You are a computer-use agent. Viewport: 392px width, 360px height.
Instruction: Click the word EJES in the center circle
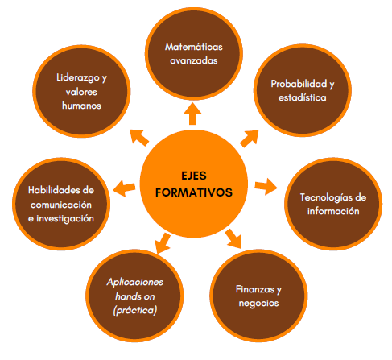194,176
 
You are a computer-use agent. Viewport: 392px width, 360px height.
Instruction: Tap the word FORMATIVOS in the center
194,192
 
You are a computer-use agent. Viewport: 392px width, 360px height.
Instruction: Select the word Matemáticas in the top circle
194,47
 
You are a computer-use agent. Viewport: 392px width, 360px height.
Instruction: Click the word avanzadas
194,60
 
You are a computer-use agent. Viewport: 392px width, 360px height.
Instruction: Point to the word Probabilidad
299,84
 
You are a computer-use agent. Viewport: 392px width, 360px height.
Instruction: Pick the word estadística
303,97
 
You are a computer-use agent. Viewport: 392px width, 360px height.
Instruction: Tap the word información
333,211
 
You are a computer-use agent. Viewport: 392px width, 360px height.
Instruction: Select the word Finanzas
255,289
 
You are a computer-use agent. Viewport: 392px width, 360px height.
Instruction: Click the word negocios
258,304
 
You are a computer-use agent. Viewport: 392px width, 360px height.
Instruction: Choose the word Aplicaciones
135,282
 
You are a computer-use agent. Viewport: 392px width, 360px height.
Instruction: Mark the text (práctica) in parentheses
135,311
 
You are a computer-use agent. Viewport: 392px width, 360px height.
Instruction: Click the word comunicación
61,205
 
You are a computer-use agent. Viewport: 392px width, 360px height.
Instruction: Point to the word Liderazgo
78,78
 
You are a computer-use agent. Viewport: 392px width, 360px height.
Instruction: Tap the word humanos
81,106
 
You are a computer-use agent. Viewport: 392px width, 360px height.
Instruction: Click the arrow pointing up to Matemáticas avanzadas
192,114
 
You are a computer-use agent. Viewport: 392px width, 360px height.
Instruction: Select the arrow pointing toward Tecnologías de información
266,186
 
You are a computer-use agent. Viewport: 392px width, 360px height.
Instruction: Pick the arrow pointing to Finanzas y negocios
233,238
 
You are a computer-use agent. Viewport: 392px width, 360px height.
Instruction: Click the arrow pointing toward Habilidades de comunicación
124,188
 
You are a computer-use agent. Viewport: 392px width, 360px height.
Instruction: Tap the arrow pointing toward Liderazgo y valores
139,138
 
